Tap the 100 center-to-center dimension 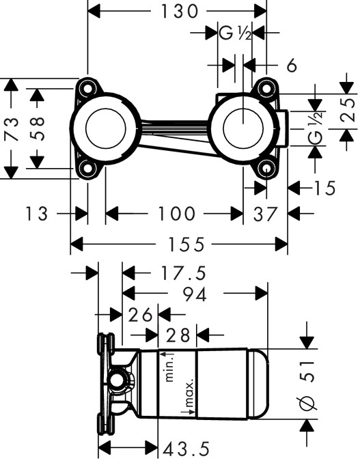coord(176,214)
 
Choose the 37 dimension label coord(266,214)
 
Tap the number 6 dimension coord(292,66)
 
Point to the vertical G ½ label coord(315,128)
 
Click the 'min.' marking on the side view coord(171,367)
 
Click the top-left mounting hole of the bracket coord(87,88)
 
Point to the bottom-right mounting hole coord(265,169)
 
